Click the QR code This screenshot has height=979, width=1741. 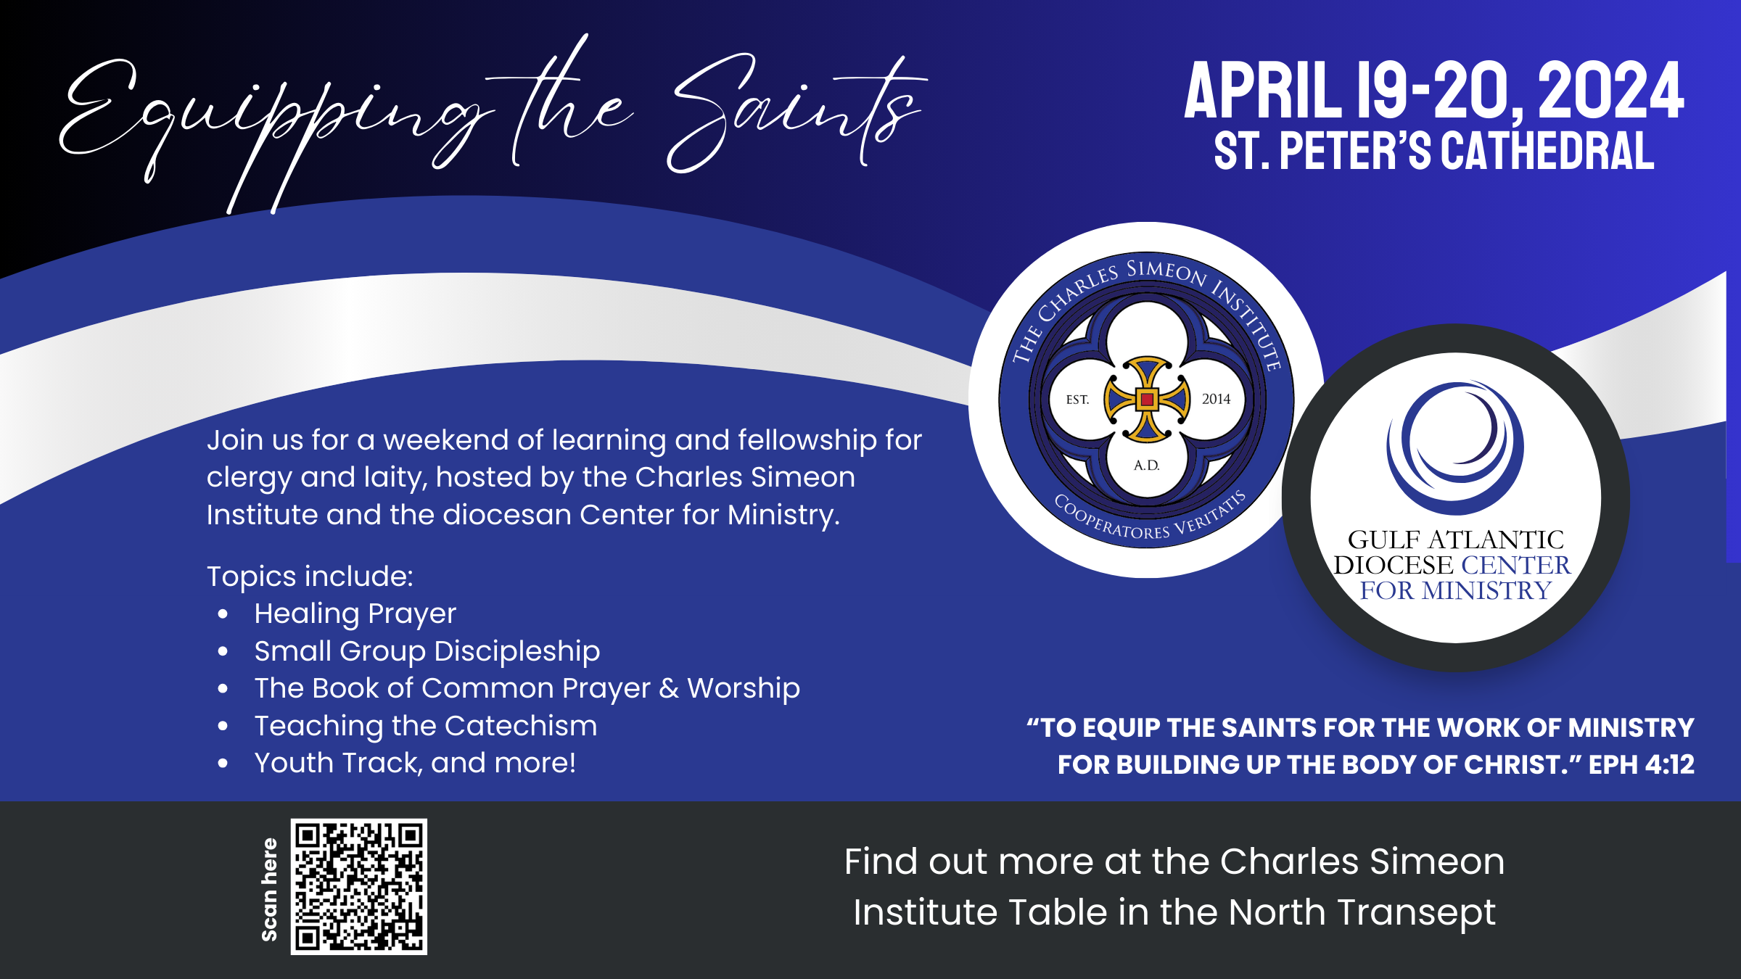pyautogui.click(x=358, y=886)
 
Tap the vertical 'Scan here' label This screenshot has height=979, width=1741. pyautogui.click(x=269, y=890)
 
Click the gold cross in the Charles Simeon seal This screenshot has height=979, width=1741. pyautogui.click(x=1147, y=399)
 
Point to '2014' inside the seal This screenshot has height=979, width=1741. pyautogui.click(x=1216, y=399)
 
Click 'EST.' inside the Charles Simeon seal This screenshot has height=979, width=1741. pyautogui.click(x=1077, y=400)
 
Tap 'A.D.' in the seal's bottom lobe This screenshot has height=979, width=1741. pyautogui.click(x=1147, y=465)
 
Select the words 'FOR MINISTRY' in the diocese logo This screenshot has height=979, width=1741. pyautogui.click(x=1455, y=590)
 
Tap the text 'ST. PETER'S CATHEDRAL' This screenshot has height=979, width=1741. pyautogui.click(x=1434, y=151)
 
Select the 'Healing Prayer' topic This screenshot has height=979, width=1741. pyautogui.click(x=355, y=614)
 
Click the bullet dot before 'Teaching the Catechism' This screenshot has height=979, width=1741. pyautogui.click(x=223, y=726)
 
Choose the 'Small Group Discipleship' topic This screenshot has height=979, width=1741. pyautogui.click(x=427, y=651)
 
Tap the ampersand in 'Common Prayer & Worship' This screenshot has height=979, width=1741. pyautogui.click(x=669, y=688)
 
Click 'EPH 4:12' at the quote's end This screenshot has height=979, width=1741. pyautogui.click(x=1642, y=764)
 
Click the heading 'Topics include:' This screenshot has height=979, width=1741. pyautogui.click(x=310, y=577)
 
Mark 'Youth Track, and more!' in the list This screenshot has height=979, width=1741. pyautogui.click(x=415, y=763)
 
